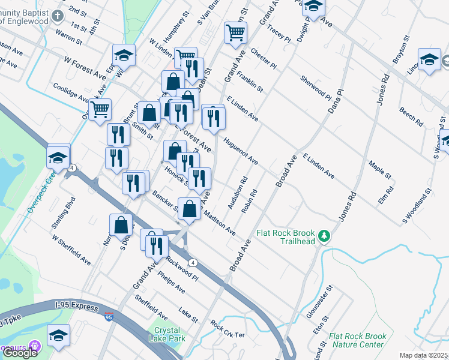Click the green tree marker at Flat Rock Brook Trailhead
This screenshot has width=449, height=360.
point(325,235)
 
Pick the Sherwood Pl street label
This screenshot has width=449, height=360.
point(316,88)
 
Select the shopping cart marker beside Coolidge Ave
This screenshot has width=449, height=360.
point(100,109)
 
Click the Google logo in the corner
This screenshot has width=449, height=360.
point(20,353)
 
